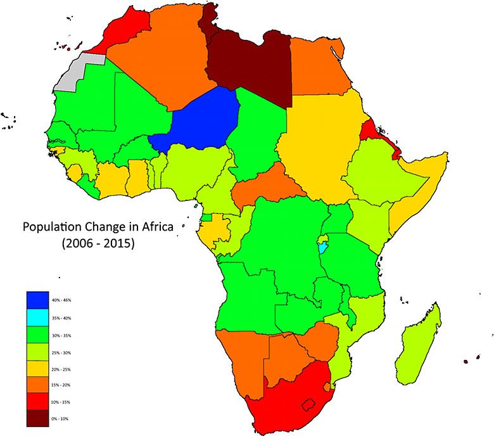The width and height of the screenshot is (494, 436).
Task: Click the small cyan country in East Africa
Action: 324,245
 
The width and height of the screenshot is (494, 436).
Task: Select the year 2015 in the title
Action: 116,243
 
